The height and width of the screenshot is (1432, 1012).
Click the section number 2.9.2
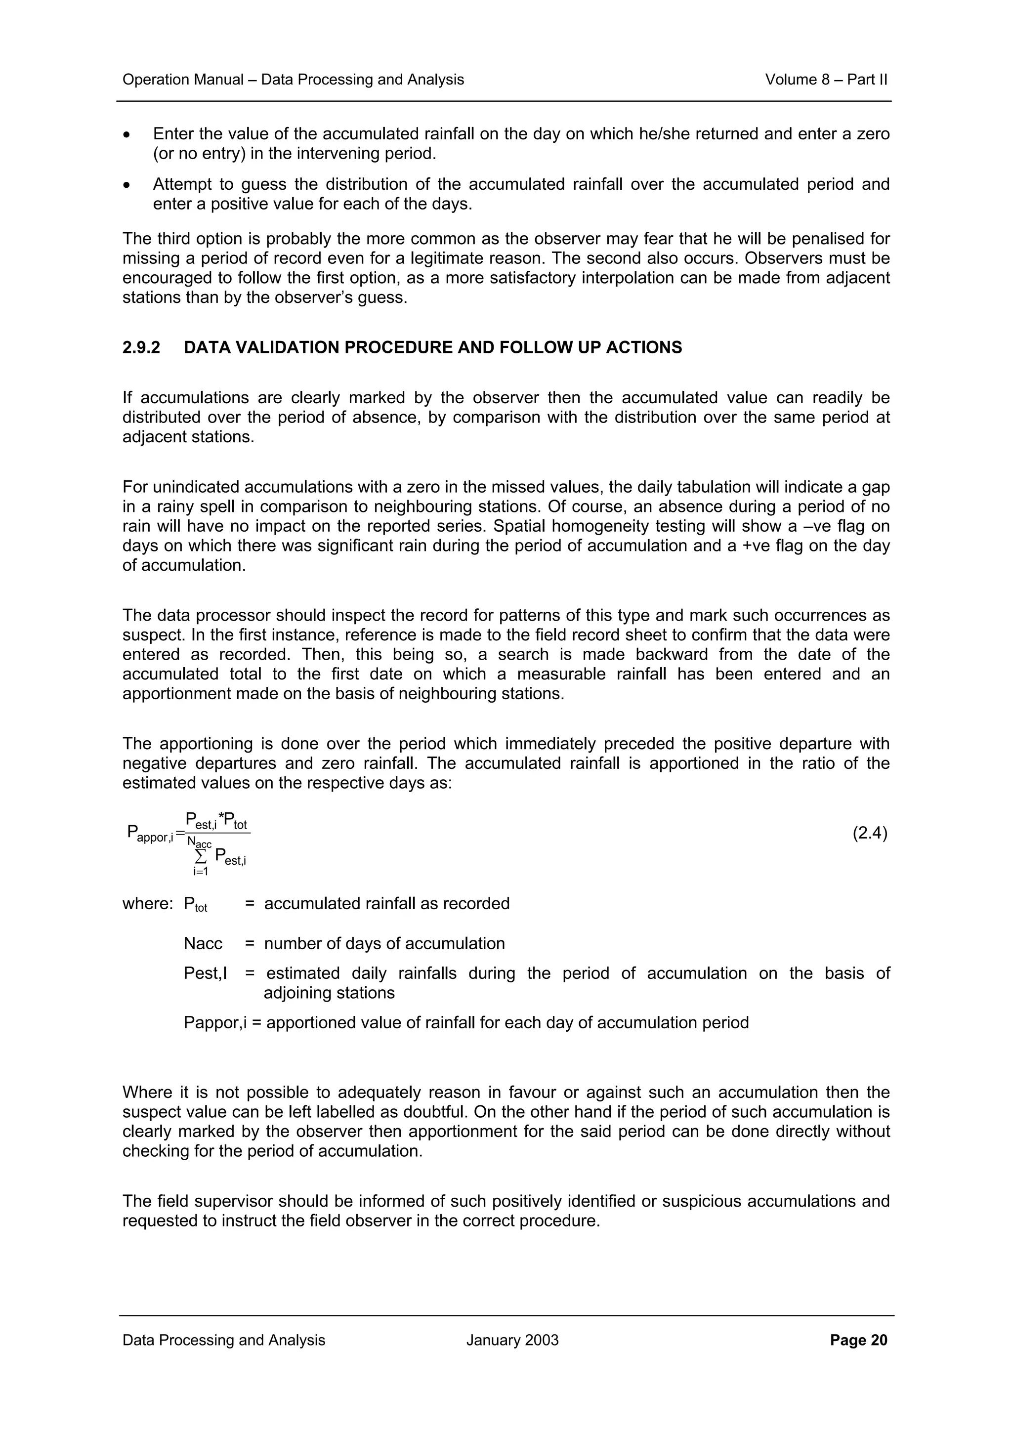(141, 347)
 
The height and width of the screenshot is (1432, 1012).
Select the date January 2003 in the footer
(512, 1340)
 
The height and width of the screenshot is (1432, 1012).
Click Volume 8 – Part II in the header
(826, 80)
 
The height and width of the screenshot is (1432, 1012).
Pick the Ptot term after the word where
(195, 904)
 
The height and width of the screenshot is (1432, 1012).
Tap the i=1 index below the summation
(200, 871)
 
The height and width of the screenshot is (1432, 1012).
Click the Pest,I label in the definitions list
(205, 973)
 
